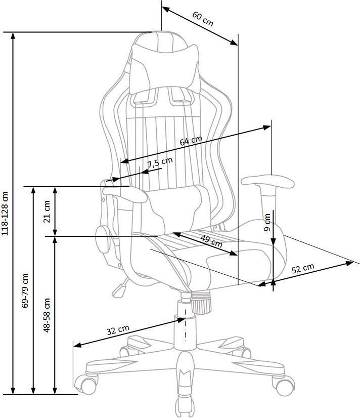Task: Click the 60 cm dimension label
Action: click(x=203, y=19)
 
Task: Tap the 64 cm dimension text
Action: click(x=191, y=141)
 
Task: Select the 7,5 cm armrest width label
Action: click(x=160, y=162)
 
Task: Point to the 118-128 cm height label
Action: click(x=5, y=213)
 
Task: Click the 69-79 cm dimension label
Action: click(x=25, y=290)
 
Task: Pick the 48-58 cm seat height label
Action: click(x=47, y=315)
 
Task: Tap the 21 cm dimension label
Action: click(x=47, y=212)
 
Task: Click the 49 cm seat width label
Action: click(x=211, y=241)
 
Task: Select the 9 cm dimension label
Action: click(x=267, y=222)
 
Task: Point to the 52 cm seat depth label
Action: click(x=303, y=268)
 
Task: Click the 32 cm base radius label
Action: click(x=118, y=330)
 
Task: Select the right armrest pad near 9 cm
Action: click(x=267, y=182)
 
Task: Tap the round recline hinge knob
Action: click(x=103, y=239)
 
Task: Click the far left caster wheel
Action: click(x=86, y=384)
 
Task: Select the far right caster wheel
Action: click(x=284, y=386)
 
